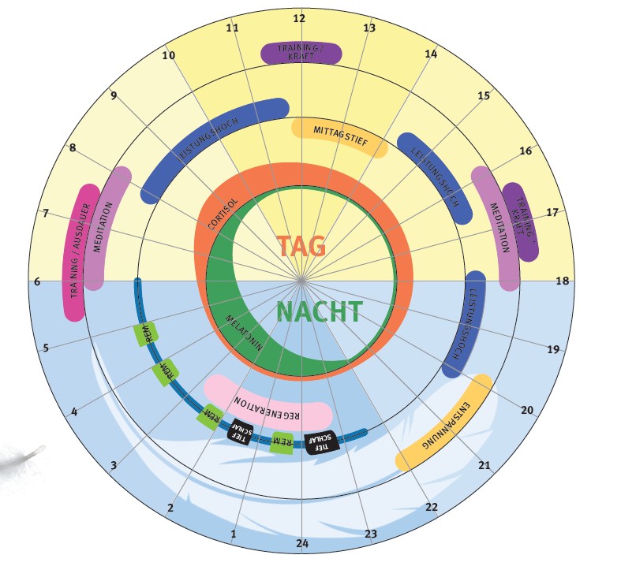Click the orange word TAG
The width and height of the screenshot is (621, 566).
point(301,246)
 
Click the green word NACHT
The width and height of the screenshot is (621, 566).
point(320,312)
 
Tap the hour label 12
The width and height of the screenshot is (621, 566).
point(299,18)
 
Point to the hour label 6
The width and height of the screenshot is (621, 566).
point(36,281)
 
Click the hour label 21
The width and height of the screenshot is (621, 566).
point(484,464)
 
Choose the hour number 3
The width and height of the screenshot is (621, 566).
point(114,465)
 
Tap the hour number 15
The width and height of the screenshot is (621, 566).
point(484,95)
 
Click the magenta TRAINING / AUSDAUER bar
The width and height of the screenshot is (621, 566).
point(78,252)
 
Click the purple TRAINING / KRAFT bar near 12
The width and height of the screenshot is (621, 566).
point(301,54)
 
